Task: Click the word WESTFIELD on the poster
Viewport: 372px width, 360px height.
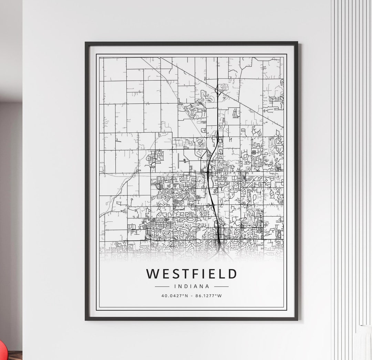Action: point(192,274)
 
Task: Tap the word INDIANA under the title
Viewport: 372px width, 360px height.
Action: point(192,286)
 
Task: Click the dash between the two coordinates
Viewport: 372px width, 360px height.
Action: point(192,295)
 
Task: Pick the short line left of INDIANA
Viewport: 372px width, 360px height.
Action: point(162,286)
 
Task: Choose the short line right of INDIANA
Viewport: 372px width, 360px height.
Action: point(221,286)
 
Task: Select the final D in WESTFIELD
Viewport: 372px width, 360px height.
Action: point(232,274)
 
